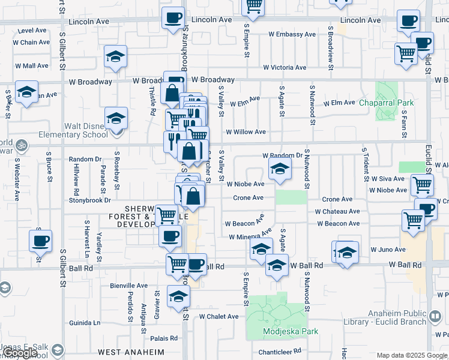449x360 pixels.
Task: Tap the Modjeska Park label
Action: [291, 331]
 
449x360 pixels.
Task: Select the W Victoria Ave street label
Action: [280, 68]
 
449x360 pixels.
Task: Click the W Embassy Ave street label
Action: [292, 34]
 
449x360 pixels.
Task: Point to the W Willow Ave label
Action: [246, 132]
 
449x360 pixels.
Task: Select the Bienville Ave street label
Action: [129, 286]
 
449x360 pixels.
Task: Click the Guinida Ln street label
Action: [85, 322]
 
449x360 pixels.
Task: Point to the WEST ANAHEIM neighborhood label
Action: [131, 352]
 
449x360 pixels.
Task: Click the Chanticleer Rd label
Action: [279, 352]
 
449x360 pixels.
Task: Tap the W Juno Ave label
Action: [388, 249]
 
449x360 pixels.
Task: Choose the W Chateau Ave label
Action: [337, 211]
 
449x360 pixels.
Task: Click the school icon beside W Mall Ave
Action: [115, 57]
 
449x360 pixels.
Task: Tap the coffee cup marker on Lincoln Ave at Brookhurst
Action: [173, 19]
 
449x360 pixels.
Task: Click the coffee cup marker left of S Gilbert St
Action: [40, 241]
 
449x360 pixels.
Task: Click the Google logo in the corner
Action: [20, 353]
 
